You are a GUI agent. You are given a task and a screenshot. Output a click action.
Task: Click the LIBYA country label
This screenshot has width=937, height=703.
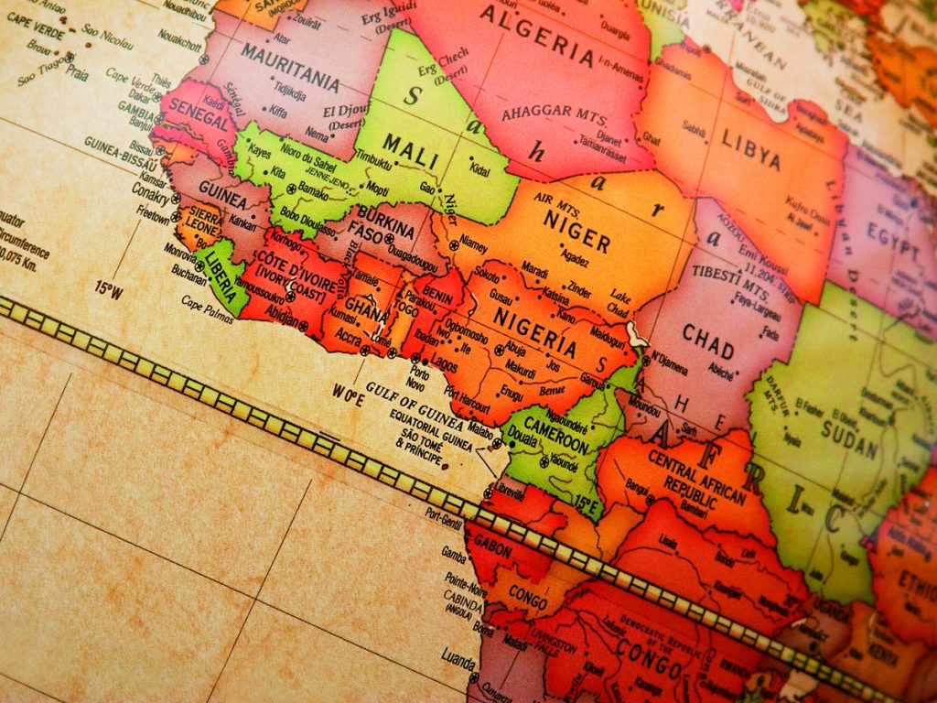[751, 150]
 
